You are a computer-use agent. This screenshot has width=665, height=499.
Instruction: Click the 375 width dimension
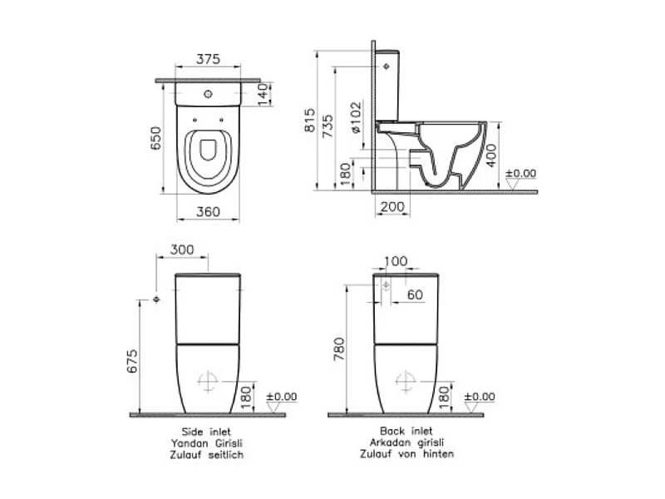pos(209,59)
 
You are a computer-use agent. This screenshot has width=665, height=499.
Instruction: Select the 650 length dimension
pos(155,138)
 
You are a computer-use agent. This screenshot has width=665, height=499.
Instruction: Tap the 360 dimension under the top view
pos(209,211)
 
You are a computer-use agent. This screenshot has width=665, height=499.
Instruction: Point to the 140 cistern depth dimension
pos(264,94)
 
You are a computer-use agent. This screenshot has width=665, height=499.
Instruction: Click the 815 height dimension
pos(310,120)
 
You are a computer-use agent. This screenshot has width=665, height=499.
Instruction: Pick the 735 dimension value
pos(328,126)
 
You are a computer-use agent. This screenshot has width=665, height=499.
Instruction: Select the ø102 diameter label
pos(357,117)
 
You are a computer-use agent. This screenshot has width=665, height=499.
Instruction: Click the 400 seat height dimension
pos(490,156)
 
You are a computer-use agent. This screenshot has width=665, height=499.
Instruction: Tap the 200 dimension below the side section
pos(392,206)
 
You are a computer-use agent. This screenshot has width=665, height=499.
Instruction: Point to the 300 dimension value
pos(182,249)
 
